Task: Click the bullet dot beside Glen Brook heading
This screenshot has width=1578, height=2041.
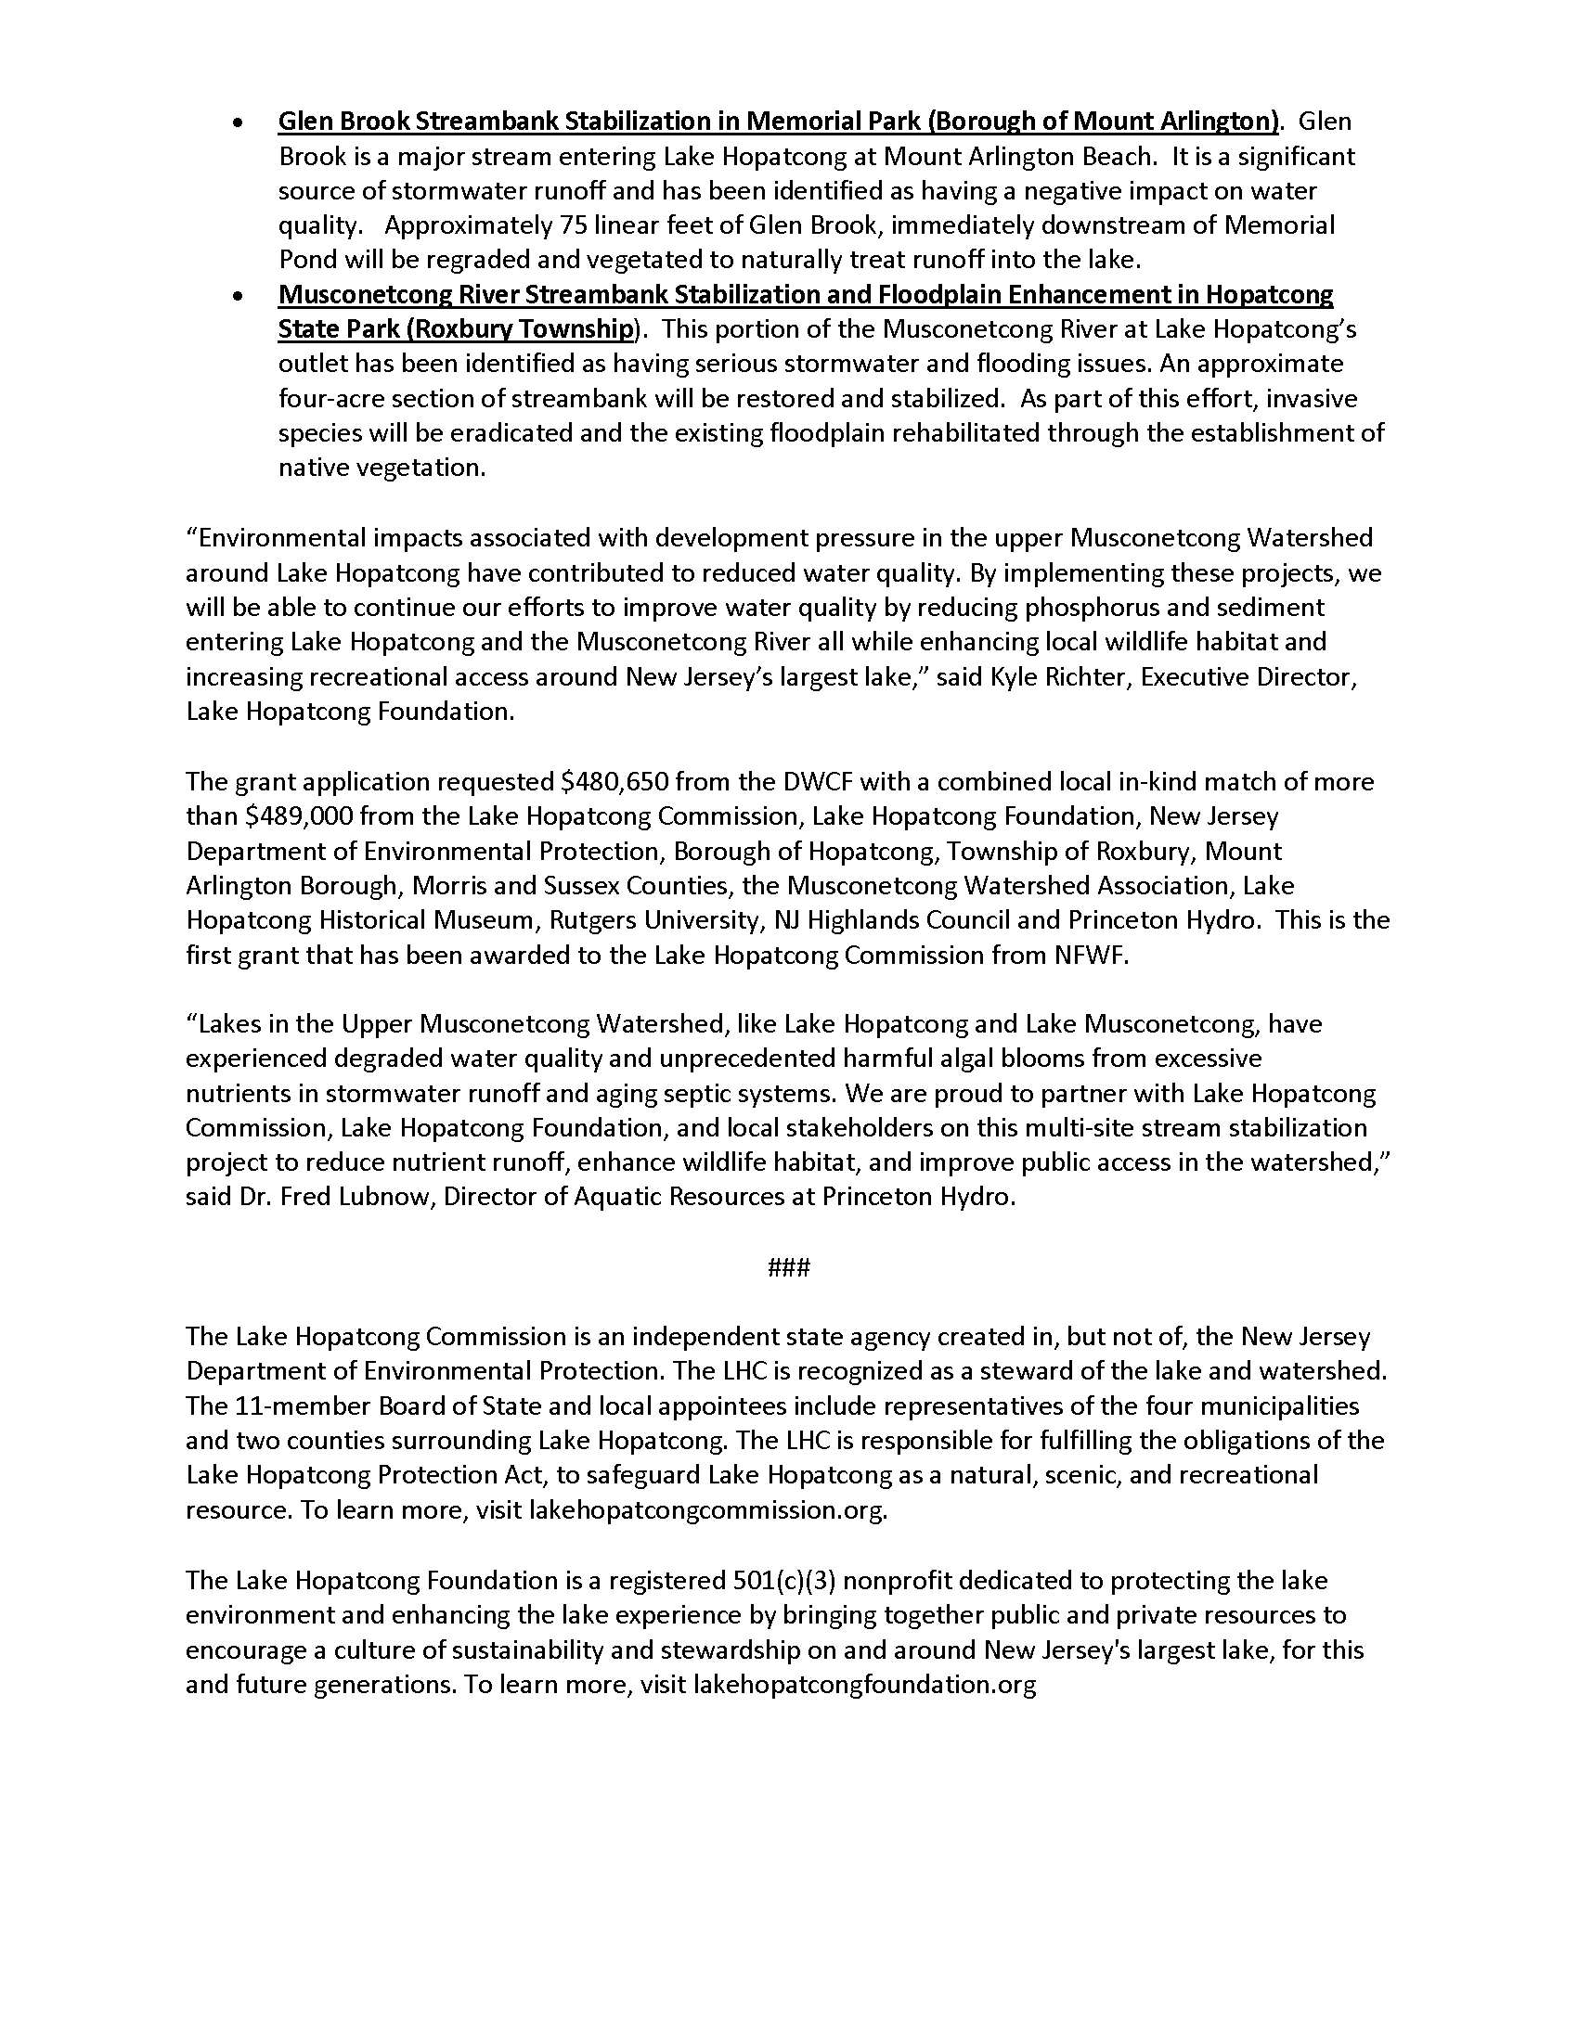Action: coord(239,123)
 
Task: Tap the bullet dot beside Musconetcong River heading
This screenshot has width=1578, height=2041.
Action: coord(239,296)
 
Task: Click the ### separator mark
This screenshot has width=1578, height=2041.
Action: coord(788,1267)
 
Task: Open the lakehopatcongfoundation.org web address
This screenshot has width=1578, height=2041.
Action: coord(866,1685)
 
